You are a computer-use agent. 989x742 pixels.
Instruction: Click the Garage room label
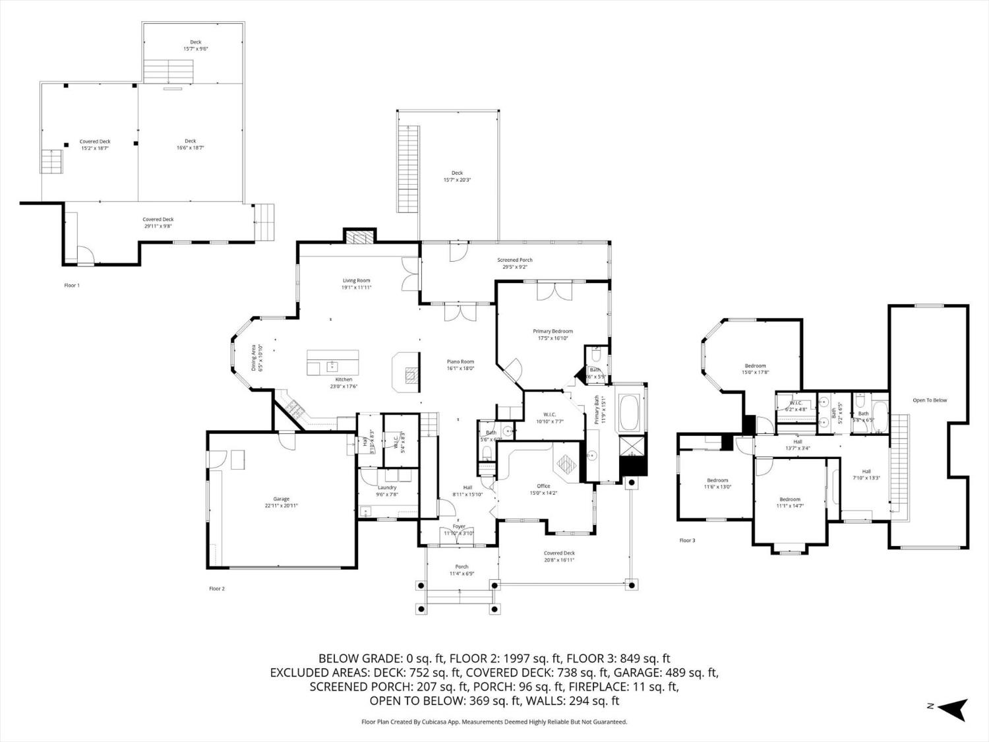click(282, 499)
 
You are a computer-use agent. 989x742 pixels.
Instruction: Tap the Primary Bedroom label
click(553, 331)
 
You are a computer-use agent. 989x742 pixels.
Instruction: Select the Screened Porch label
click(514, 260)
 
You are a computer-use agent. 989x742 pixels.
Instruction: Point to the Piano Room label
click(460, 361)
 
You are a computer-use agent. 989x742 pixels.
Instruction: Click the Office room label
click(543, 486)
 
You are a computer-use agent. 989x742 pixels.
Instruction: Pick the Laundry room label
click(387, 487)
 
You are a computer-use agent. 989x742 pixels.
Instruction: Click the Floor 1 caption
click(71, 286)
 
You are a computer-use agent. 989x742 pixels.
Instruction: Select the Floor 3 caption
click(687, 540)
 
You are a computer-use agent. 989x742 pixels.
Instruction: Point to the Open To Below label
click(930, 400)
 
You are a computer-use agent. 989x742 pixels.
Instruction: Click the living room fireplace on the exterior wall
click(359, 237)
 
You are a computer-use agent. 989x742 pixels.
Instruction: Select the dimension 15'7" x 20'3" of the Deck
click(457, 179)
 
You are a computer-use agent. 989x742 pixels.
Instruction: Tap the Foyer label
click(458, 526)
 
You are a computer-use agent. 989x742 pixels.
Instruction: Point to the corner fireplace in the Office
click(566, 464)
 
